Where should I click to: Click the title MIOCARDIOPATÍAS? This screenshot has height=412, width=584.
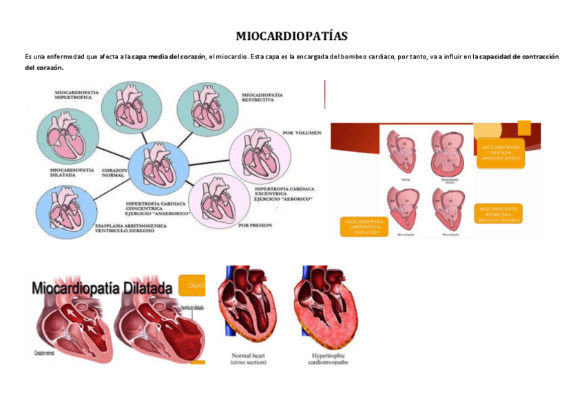click(x=291, y=36)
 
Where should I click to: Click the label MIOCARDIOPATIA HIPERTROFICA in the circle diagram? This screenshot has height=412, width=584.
click(x=76, y=94)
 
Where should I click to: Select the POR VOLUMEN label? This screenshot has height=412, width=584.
click(x=301, y=132)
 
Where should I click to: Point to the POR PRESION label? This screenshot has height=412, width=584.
click(x=255, y=225)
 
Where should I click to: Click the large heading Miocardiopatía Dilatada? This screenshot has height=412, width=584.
click(x=102, y=289)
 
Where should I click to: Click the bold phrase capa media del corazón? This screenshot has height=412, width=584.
click(x=169, y=57)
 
